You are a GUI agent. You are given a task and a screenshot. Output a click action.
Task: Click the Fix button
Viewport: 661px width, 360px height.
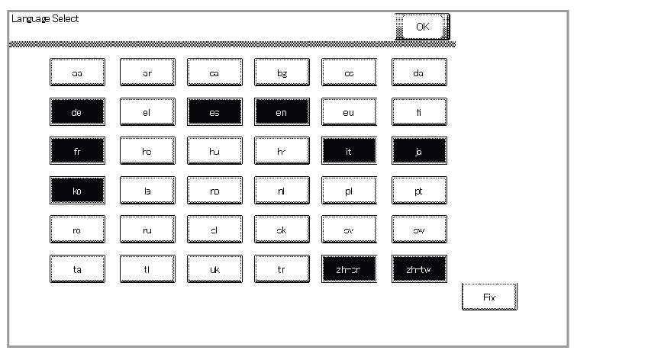489,297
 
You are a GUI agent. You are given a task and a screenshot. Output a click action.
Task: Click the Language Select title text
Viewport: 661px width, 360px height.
44,18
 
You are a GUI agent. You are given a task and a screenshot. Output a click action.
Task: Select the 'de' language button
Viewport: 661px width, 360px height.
77,111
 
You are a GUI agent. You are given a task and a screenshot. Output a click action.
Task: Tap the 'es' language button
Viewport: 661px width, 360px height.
214,111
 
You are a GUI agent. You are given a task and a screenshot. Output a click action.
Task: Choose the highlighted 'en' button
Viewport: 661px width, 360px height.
282,111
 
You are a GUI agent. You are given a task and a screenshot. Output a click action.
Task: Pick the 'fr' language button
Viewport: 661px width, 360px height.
77,151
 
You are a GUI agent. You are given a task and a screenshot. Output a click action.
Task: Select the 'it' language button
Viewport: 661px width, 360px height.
349,151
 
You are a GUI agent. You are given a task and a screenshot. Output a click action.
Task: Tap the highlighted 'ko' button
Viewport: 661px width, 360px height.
77,190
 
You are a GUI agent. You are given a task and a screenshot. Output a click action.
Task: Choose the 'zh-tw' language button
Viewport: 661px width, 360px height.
419,268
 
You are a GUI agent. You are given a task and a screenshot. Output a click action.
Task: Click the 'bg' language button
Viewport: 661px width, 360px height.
282,72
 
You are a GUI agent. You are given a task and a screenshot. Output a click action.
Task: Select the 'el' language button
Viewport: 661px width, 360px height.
147,111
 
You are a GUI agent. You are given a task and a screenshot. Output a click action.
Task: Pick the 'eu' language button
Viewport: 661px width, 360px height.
349,111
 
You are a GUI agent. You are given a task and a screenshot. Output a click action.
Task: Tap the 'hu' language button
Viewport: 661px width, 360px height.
214,151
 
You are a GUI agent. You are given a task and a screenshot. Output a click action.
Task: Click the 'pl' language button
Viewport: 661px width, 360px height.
349,190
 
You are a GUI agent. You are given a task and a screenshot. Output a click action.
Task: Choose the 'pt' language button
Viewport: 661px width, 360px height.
419,190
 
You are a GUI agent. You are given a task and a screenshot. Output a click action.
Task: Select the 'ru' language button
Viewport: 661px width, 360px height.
147,229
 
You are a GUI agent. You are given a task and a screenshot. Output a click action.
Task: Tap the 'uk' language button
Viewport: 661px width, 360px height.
214,268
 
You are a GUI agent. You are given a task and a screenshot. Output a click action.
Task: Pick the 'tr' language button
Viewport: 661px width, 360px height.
282,268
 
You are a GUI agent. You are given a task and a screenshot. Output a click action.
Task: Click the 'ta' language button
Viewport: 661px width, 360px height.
77,268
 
